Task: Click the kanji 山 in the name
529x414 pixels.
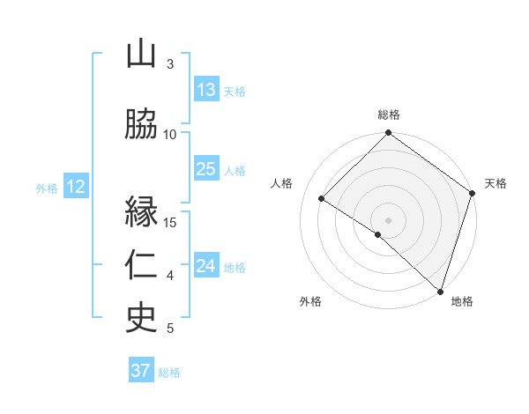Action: pyautogui.click(x=141, y=55)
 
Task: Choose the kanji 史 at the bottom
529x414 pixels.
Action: pyautogui.click(x=141, y=318)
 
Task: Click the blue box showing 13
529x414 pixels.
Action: pyautogui.click(x=206, y=90)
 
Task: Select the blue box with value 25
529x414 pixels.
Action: pyautogui.click(x=206, y=169)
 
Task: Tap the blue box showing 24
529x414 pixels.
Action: pyautogui.click(x=206, y=266)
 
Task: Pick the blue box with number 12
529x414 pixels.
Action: pyautogui.click(x=75, y=187)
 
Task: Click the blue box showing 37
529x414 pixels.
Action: pyautogui.click(x=141, y=371)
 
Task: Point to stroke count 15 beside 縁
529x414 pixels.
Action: pyautogui.click(x=171, y=222)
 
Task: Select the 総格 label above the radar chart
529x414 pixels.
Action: pyautogui.click(x=389, y=115)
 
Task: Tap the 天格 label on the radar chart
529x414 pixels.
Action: pyautogui.click(x=496, y=183)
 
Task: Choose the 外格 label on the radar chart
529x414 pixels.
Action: pyautogui.click(x=310, y=301)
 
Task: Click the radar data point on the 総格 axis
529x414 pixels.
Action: pyautogui.click(x=389, y=134)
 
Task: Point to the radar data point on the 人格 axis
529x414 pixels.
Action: pyautogui.click(x=322, y=198)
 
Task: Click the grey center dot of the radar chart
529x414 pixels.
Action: pyautogui.click(x=389, y=219)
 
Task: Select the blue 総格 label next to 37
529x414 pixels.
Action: pyautogui.click(x=169, y=373)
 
